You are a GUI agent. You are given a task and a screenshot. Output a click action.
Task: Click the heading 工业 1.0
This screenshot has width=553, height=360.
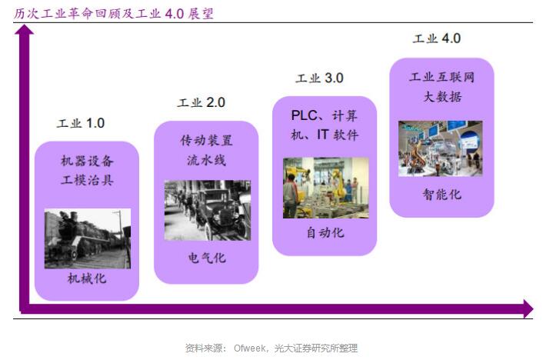click(81, 123)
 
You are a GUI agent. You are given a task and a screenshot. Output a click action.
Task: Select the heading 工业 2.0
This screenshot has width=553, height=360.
click(202, 102)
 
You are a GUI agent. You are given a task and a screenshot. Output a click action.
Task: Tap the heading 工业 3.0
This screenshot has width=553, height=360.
click(319, 78)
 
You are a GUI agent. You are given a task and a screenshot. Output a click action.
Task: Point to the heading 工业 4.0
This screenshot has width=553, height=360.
click(437, 38)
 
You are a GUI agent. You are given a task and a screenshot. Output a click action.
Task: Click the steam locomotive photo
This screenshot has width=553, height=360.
click(88, 238)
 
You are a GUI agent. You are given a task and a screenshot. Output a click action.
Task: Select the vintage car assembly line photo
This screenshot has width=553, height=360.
click(208, 211)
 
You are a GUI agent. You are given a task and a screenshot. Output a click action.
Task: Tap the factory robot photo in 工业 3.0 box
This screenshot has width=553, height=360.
click(325, 188)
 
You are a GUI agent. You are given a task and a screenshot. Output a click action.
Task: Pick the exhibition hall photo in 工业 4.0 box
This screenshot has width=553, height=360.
click(440, 148)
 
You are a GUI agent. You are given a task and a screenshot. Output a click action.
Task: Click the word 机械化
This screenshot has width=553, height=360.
click(87, 278)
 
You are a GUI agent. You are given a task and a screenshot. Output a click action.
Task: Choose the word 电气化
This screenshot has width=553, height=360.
click(207, 258)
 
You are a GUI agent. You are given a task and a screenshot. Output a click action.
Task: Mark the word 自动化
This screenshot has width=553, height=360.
click(325, 233)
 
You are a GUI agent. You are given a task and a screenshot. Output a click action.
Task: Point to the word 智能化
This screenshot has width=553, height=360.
click(442, 195)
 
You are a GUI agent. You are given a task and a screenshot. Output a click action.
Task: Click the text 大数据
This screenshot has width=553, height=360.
click(442, 96)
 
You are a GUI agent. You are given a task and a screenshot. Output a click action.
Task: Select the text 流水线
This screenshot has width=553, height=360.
click(207, 161)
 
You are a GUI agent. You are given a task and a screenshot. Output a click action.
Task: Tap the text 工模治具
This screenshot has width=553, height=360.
click(87, 180)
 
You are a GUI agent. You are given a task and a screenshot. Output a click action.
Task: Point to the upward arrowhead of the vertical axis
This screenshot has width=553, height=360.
click(24, 30)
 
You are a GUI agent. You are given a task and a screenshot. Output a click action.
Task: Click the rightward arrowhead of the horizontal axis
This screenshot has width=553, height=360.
click(528, 309)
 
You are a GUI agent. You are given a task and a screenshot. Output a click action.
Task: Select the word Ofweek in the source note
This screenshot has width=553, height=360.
click(250, 348)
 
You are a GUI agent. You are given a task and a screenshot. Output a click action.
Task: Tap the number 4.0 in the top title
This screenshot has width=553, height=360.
click(175, 14)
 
